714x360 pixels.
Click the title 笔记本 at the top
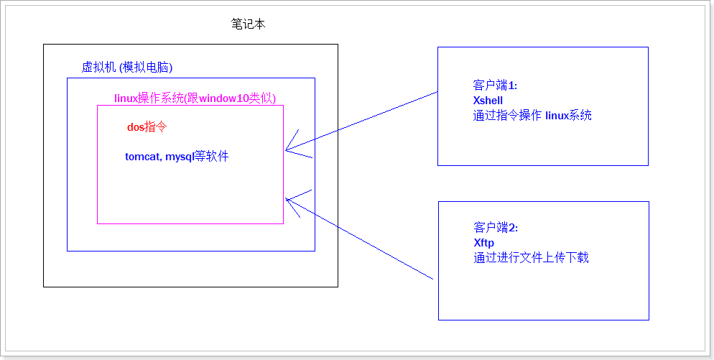(249, 24)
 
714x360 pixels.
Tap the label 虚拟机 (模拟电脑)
(127, 68)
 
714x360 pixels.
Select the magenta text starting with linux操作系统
(195, 98)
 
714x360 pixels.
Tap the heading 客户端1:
(496, 86)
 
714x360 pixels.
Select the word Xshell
(488, 100)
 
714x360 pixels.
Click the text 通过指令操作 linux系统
(532, 115)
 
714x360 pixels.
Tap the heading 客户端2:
(496, 228)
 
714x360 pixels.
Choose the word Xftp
(484, 243)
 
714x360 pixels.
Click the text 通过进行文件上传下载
(531, 257)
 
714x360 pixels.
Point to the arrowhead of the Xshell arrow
(287, 150)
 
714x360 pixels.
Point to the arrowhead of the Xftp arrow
(287, 199)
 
